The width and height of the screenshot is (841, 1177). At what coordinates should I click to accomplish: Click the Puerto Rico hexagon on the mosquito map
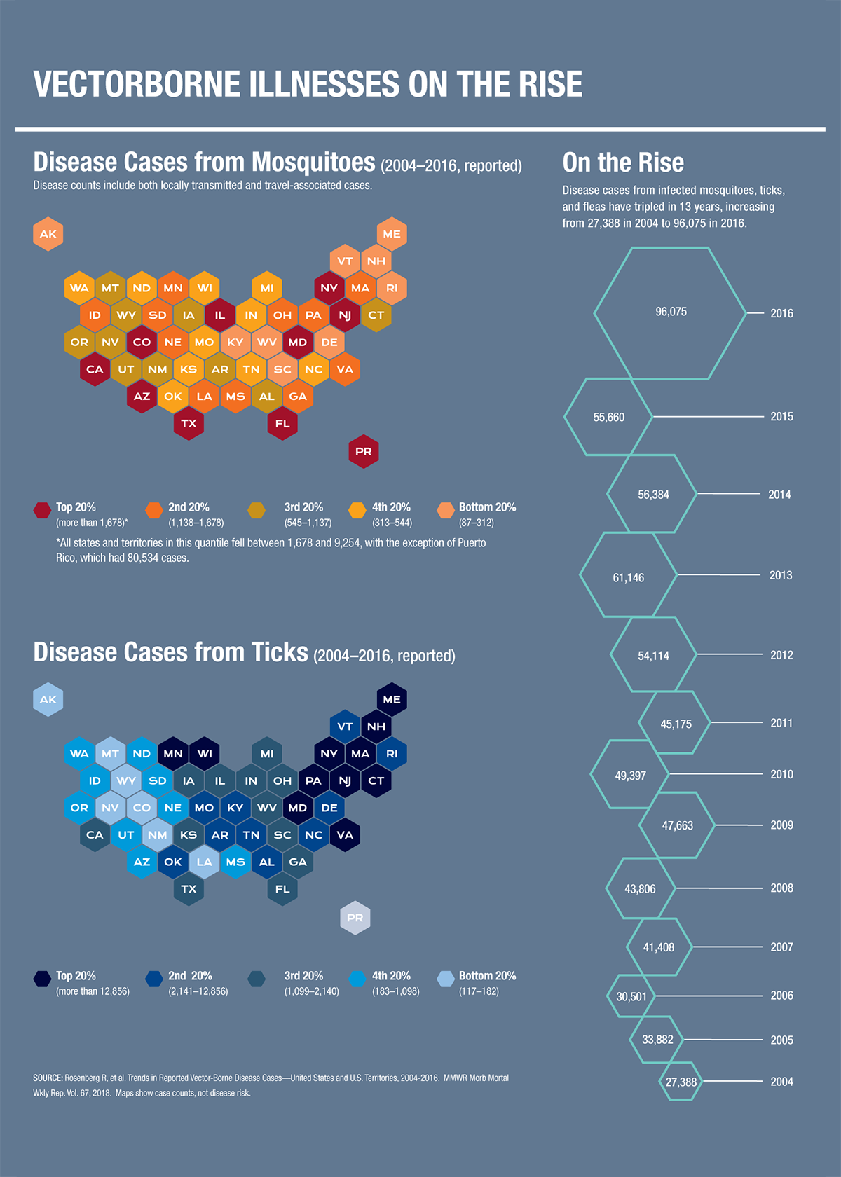(364, 451)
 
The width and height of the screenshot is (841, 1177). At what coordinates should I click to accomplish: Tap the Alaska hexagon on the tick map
(48, 699)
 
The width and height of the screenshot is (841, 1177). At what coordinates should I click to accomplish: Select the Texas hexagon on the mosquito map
(189, 423)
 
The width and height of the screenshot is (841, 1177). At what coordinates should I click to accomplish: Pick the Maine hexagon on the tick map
(392, 699)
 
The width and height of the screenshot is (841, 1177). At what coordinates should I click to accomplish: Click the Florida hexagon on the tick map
(282, 888)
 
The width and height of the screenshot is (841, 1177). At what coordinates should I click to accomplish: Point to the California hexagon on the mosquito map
(95, 369)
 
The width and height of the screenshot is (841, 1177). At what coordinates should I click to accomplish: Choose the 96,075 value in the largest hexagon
(671, 312)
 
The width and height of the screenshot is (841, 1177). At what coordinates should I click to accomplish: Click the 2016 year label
(781, 313)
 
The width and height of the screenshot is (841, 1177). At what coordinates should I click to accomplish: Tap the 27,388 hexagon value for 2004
(681, 1082)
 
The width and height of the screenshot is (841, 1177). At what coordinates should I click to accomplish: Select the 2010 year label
(781, 774)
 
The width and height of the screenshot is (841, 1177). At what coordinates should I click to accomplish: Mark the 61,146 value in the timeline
(628, 578)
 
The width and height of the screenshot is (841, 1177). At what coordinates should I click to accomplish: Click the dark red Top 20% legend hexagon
(42, 510)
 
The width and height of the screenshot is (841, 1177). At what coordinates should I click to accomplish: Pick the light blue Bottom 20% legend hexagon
(446, 979)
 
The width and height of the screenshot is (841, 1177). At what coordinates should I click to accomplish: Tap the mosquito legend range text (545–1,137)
(308, 523)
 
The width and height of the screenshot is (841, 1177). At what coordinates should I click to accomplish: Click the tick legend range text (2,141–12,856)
(198, 991)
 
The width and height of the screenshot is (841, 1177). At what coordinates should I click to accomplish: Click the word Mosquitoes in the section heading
(313, 162)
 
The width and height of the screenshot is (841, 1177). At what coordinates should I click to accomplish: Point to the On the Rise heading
(623, 163)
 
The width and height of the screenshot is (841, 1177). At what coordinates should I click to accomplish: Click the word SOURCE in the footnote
(48, 1078)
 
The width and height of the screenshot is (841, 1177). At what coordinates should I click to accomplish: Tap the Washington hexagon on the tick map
(79, 754)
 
